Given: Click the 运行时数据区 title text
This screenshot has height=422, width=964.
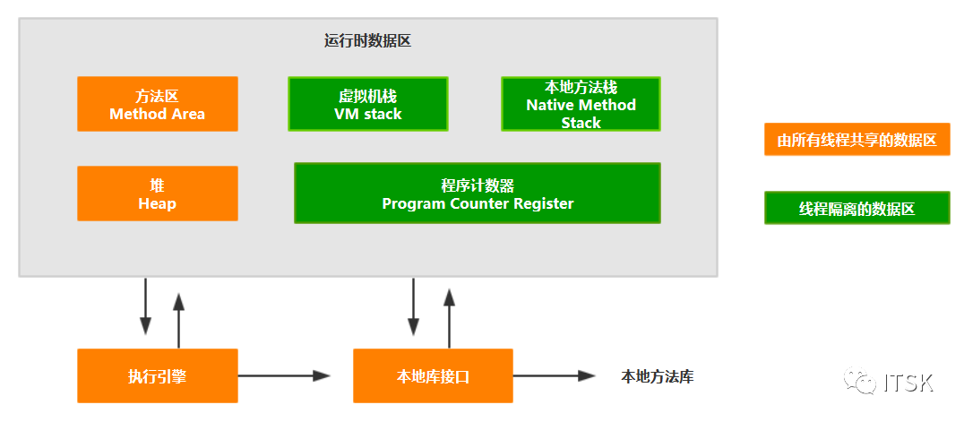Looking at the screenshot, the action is coord(367,42).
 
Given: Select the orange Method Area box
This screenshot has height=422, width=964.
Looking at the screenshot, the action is coord(158,104).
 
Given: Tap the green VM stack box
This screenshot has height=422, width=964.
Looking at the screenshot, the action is coord(368,104).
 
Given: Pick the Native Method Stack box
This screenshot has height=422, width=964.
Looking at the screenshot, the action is coord(581,104).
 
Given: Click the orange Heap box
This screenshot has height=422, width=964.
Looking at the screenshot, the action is coord(158,194).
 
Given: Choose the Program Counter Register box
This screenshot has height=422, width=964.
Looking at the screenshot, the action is coord(478,194).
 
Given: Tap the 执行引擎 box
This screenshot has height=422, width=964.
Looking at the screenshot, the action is coord(158,376).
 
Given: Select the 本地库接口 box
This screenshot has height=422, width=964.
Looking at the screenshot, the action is coord(433,376).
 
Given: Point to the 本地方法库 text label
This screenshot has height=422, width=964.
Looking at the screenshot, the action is coord(658,376).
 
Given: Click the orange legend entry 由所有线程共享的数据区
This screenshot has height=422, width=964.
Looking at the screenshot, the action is coord(857,139).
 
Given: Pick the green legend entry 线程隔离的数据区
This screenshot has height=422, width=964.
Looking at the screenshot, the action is coord(857,208).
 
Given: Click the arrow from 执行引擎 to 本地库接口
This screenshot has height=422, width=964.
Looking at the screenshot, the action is coord(285,376).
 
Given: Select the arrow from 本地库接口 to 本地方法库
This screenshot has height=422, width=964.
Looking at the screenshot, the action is coord(555,376).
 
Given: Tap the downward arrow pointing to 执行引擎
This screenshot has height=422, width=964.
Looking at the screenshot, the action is coord(145,306).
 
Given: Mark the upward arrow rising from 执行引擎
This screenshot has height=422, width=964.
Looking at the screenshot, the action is coord(179,321).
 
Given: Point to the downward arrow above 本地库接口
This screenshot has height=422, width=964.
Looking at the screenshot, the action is coord(414,306).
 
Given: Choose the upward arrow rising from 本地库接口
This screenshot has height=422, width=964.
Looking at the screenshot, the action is coord(450,319).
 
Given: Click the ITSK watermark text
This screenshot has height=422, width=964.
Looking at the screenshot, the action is coord(908,382).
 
